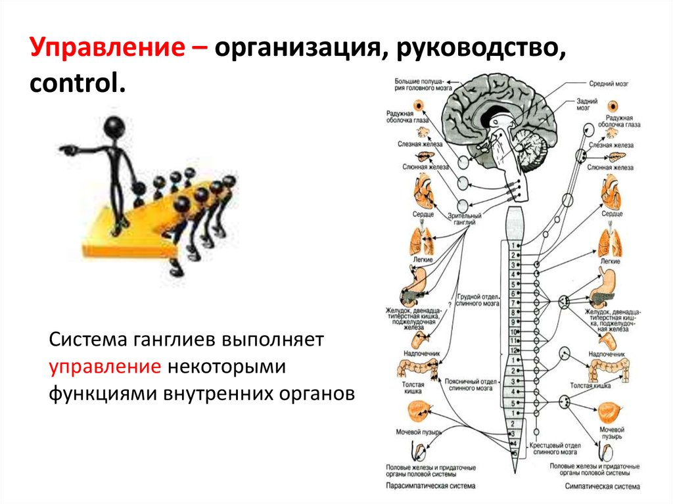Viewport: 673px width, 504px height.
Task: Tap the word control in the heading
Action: [75, 84]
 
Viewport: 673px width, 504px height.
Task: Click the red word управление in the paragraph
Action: [105, 366]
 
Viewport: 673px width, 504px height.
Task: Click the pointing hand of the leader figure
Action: [66, 150]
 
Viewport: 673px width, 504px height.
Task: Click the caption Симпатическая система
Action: [601, 487]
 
